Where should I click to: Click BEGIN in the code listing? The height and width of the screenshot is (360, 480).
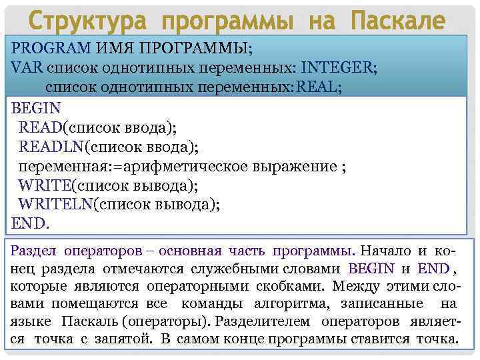tap(36, 107)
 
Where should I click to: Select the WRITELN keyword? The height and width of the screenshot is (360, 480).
tap(55, 204)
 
